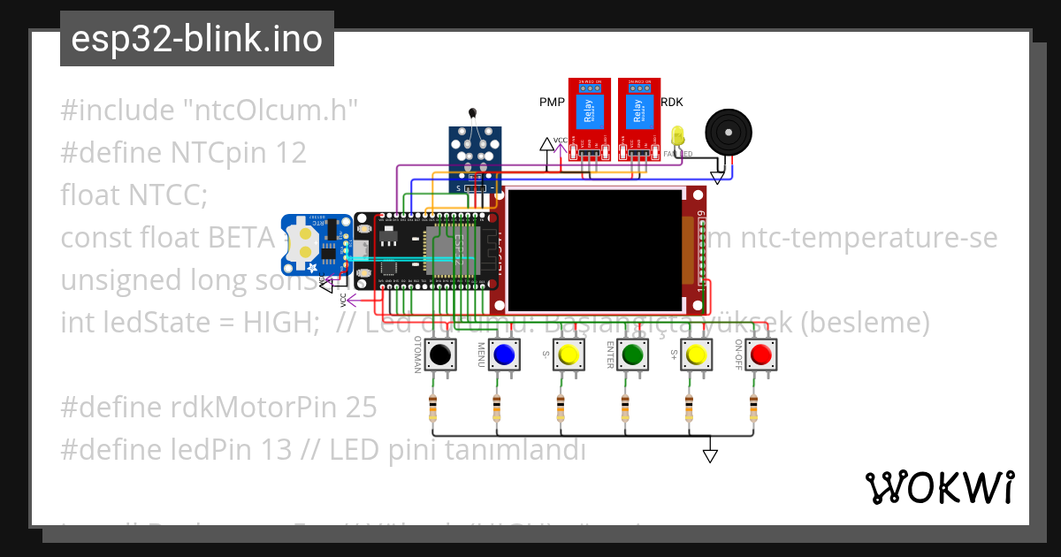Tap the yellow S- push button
coord(569,355)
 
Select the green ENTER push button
coord(632,355)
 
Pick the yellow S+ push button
coord(696,355)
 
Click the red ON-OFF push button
coord(760,355)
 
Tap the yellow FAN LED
coord(678,136)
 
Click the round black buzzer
coord(729,132)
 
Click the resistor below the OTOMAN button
coord(432,408)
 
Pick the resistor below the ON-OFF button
coord(753,408)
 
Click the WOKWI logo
coord(939,487)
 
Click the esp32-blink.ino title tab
coord(196,40)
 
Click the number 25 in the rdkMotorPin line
coord(362,408)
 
